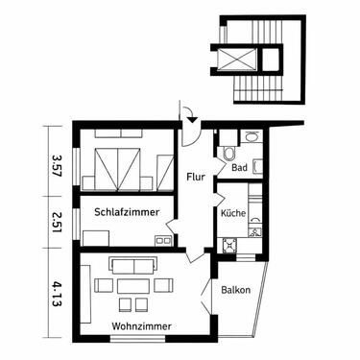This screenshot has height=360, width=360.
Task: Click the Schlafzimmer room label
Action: tap(126, 209)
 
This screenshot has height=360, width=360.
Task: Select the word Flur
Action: tap(194, 177)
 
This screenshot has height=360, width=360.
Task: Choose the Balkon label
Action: tap(236, 289)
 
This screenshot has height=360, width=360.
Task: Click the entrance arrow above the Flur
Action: tap(191, 116)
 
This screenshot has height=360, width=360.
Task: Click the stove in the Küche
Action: tap(230, 246)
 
